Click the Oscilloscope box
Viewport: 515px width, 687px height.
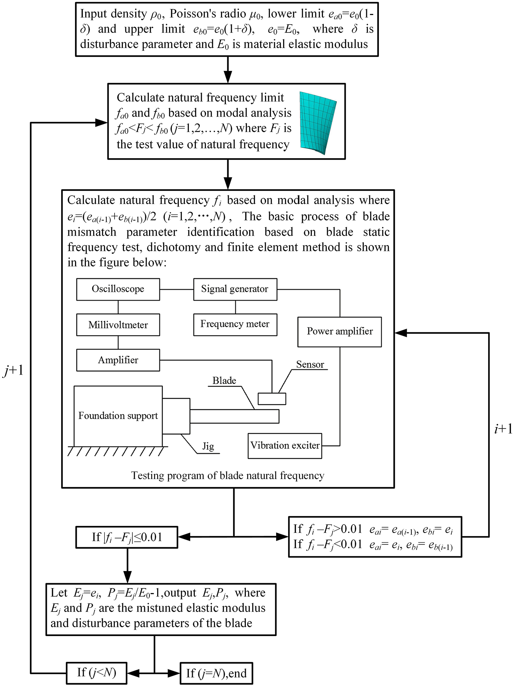[x=118, y=289]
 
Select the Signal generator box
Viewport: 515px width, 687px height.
[x=235, y=289]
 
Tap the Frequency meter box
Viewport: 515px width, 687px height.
[x=235, y=325]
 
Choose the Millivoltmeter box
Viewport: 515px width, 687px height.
[x=118, y=325]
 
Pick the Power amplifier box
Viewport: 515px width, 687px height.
[x=339, y=332]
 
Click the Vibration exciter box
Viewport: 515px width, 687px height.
[x=285, y=446]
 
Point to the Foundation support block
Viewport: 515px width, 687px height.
[x=118, y=416]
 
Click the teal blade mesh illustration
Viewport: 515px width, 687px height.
[x=318, y=123]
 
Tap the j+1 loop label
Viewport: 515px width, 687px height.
[x=13, y=370]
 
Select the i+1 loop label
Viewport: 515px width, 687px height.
[x=503, y=428]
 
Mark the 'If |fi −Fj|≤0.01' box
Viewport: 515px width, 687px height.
[x=127, y=537]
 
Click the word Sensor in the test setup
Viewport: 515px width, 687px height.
[x=310, y=364]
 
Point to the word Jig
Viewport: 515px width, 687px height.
[x=208, y=446]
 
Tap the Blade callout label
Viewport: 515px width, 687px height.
[x=224, y=381]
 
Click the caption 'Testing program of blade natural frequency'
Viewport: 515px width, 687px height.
[x=228, y=476]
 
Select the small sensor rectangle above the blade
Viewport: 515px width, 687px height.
[x=272, y=399]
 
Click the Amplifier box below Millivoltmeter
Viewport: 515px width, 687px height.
[x=118, y=360]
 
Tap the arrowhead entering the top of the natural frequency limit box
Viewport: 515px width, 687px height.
[x=228, y=77]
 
